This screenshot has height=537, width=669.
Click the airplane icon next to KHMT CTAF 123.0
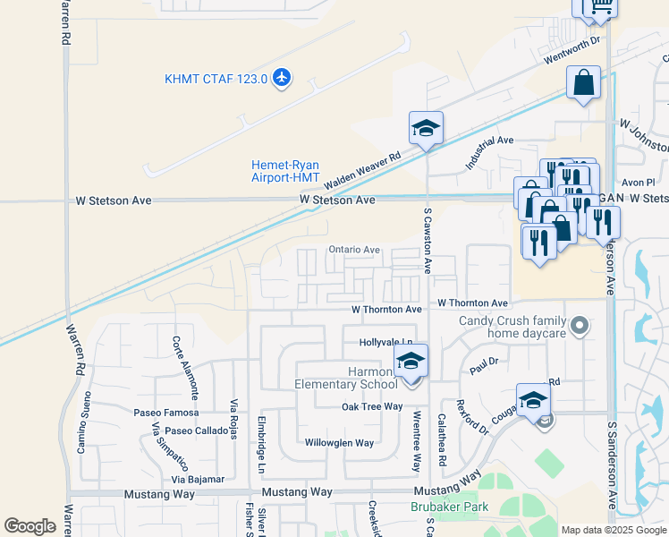283,78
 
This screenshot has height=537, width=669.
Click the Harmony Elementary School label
347,378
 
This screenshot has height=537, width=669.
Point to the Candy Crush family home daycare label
512,327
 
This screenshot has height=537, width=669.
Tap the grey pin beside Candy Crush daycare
580,327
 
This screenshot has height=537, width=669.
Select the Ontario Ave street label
354,250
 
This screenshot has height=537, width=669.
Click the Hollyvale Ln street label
386,343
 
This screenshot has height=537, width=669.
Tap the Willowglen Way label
339,443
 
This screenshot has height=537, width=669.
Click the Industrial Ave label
489,153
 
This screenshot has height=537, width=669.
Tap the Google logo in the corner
30,526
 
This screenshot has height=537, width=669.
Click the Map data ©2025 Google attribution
613,530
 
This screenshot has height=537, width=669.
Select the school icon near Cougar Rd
532,400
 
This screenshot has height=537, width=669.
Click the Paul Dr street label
483,365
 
